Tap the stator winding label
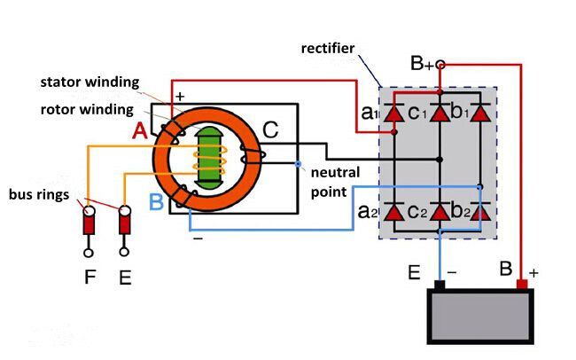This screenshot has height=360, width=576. tap(90, 82)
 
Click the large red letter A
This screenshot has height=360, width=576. tap(139, 131)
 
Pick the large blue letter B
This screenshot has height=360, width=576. tap(156, 202)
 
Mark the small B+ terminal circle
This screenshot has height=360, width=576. tap(440, 65)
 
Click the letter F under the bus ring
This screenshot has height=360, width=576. tap(90, 278)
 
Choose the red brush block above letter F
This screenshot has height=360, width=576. tap(90, 223)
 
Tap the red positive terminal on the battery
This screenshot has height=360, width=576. tap(522, 284)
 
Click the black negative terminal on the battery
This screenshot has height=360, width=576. tap(439, 285)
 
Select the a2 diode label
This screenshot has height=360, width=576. tap(369, 213)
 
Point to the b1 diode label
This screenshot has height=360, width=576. tap(459, 113)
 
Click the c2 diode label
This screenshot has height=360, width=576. tap(419, 213)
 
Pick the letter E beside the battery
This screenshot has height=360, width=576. tap(414, 272)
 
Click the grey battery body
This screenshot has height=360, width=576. tap(482, 317)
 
